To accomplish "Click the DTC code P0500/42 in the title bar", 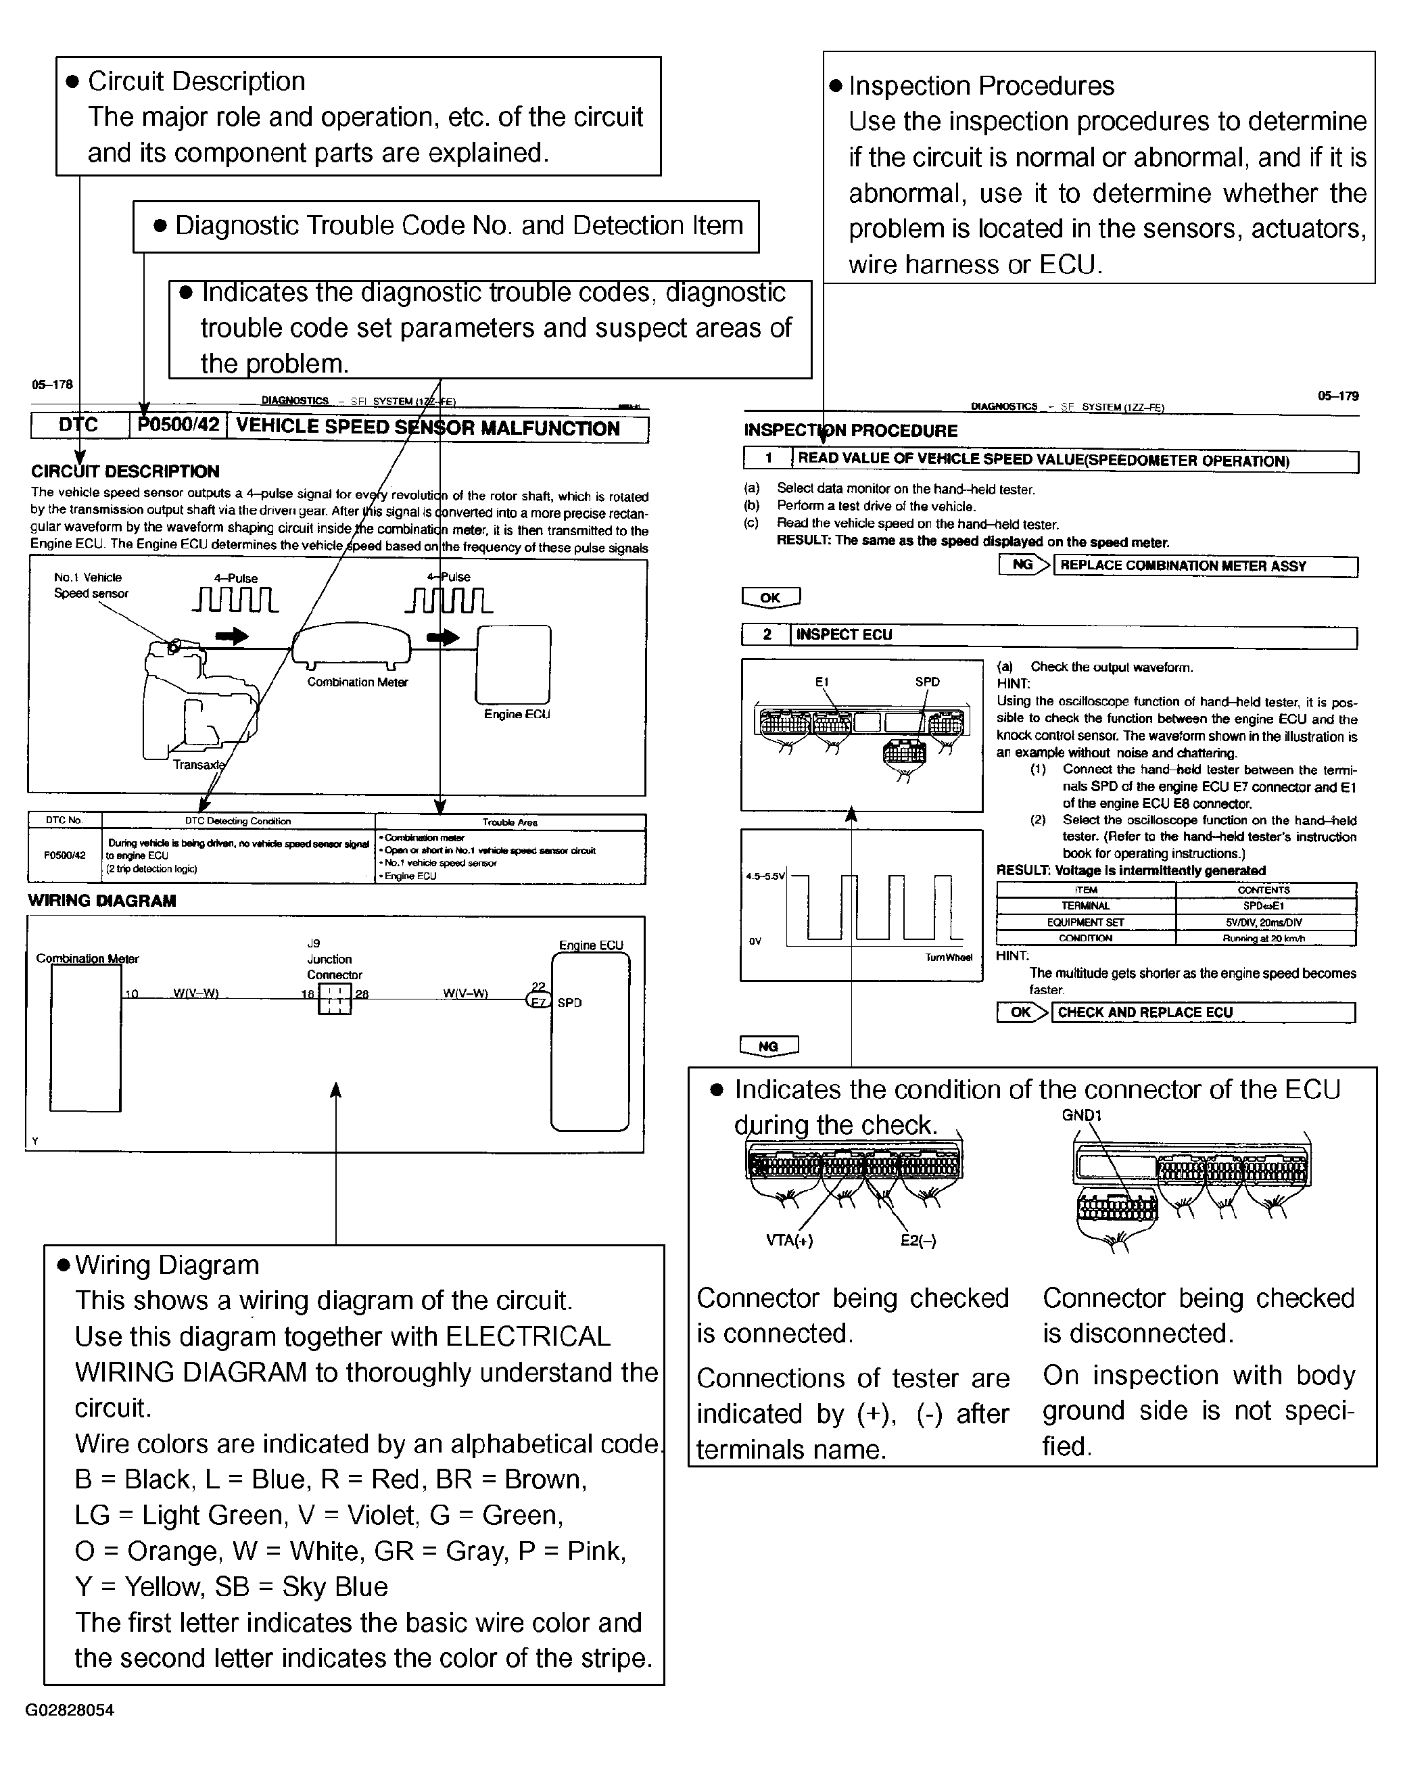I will [x=179, y=425].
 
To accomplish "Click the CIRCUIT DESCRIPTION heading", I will [x=124, y=471].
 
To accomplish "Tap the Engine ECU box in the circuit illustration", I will [x=513, y=664].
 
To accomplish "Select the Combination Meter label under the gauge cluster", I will [x=357, y=682].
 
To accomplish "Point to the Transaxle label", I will [x=198, y=765].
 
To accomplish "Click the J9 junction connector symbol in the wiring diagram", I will [x=335, y=998].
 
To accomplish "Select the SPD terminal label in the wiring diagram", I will [x=569, y=1002].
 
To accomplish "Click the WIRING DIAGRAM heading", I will [x=101, y=901].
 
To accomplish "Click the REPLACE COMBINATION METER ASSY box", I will [x=1205, y=565].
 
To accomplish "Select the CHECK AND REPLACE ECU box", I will [x=1202, y=1012].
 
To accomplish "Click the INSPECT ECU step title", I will [x=844, y=634].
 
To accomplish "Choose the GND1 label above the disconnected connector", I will [x=1082, y=1114].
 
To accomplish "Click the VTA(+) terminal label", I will [x=789, y=1240].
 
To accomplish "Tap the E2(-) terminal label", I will [x=918, y=1240].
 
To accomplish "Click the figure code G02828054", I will [x=70, y=1710].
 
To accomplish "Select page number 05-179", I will [x=1337, y=396].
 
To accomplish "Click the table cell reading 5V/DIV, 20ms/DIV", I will [x=1264, y=922].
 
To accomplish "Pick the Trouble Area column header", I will [x=510, y=821].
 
